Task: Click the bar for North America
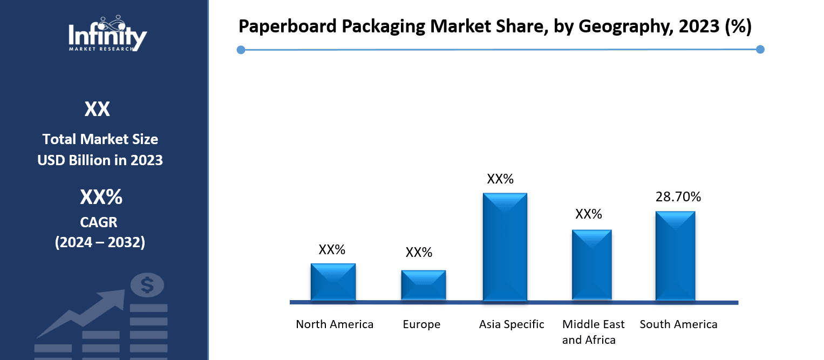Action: coord(333,282)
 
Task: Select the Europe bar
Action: coord(423,285)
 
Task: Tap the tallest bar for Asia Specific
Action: coord(505,247)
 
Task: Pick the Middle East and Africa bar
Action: coord(591,265)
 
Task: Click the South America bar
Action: coord(675,256)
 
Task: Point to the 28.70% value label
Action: coord(678,197)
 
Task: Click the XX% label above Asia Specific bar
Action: coord(500,179)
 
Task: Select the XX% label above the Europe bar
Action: coord(419,253)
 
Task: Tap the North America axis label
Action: coord(335,324)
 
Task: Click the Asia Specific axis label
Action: coord(512,324)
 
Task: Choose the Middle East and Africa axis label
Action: coord(593,332)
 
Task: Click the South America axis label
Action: coord(678,324)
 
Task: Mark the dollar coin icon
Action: coord(147,284)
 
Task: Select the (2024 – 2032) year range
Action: coord(100,242)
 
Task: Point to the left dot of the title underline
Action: coord(241,50)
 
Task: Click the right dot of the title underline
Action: coord(760,50)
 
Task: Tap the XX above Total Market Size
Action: coord(97,110)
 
